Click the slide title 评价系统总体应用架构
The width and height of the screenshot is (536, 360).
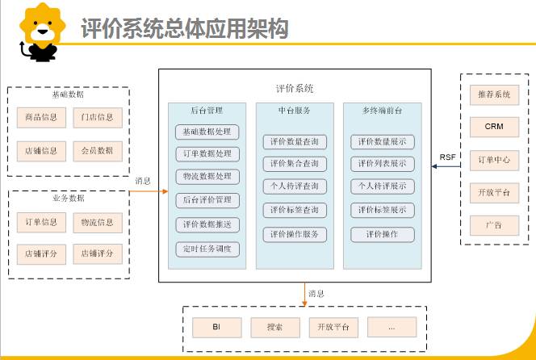point(185,29)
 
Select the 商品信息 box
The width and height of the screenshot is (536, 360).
point(38,117)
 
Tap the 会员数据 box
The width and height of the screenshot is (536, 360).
point(97,150)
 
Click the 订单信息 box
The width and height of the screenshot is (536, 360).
point(38,222)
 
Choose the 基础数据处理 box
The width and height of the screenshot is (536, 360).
point(207,132)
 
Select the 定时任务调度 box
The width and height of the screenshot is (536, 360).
point(207,249)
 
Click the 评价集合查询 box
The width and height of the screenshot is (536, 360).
point(295,164)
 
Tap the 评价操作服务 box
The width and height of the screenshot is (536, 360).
point(295,234)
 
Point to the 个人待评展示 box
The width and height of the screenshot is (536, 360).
point(382,187)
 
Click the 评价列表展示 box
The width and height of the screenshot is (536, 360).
point(382,164)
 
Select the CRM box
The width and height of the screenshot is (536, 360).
point(494,127)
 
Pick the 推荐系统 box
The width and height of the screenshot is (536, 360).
point(494,94)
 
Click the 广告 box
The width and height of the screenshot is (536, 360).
point(494,224)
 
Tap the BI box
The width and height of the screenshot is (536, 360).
point(216,328)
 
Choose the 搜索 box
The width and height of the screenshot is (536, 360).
point(274,328)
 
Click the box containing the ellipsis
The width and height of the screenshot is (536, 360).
point(392,328)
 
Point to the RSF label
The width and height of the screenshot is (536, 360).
point(447,157)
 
